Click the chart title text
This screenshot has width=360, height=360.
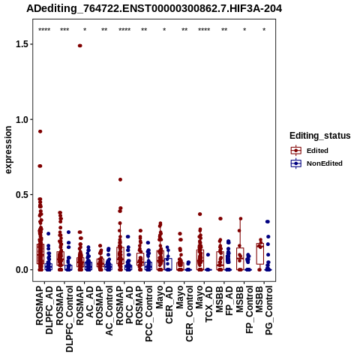tap(154, 8)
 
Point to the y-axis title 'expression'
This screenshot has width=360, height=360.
tap(8, 150)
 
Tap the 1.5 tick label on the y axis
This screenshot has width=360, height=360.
tap(21, 44)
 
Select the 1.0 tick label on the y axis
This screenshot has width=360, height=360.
tap(21, 119)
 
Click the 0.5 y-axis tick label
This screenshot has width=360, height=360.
tap(21, 195)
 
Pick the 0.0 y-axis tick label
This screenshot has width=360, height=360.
tap(21, 270)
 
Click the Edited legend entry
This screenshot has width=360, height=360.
tap(310, 151)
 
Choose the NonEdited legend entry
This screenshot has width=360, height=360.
tap(316, 163)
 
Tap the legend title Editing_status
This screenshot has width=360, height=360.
tap(320, 136)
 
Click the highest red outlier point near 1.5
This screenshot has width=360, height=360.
tap(80, 46)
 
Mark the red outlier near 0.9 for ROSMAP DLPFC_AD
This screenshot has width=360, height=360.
tap(40, 131)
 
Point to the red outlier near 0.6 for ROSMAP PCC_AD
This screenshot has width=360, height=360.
tap(120, 179)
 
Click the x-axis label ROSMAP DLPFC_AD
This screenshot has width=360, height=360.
tap(44, 310)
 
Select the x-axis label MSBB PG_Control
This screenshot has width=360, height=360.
tap(264, 310)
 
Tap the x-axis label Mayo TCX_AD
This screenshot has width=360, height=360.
tap(204, 304)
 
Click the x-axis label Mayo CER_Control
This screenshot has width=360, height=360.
tap(184, 314)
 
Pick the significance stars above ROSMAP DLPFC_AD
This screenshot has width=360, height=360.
tap(44, 30)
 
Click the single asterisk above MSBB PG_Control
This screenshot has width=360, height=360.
tap(264, 30)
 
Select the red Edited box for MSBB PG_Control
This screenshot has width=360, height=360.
tap(260, 253)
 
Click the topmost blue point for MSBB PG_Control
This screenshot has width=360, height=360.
tap(268, 222)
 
